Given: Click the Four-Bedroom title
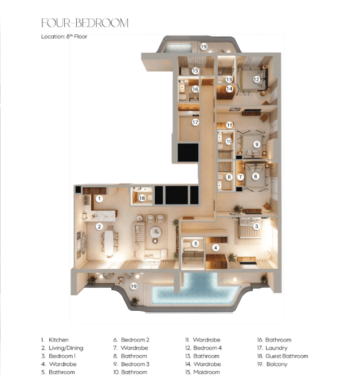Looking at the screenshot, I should coord(85,23).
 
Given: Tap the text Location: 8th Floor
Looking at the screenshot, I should coord(64,37).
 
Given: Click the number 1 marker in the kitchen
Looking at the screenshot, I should coord(99,199).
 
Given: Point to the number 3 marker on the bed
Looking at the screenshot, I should coord(257,226).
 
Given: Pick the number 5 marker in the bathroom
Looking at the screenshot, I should coord(195,244).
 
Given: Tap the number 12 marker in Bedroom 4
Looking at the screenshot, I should coord(257,79).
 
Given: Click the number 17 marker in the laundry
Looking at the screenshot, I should coord(195,122).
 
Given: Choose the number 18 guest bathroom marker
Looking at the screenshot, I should coord(142,198).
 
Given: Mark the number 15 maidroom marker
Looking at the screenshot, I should coord(195,70).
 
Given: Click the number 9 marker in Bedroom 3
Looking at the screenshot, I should coord(257,144).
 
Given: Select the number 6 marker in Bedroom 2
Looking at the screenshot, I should coord(256,177).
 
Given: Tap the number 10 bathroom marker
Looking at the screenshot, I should coord(228,141).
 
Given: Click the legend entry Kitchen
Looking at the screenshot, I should coord(58,340).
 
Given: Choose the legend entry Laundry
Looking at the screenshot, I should coord(276,348).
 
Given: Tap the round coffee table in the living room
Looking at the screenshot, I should coord(155,232).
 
